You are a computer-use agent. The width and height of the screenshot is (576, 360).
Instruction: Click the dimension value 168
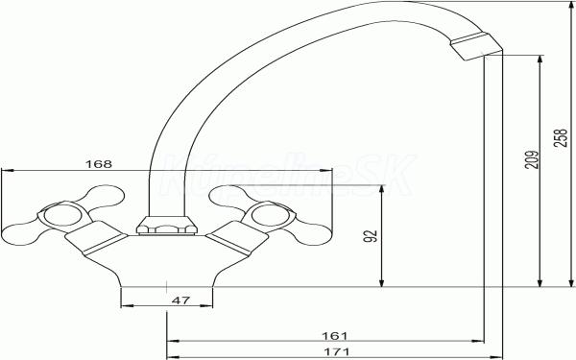click(99, 164)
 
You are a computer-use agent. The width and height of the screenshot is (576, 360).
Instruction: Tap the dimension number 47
click(180, 300)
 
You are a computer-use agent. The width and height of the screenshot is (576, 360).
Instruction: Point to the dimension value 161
click(334, 336)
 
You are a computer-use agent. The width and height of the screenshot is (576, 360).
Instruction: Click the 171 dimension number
click(337, 352)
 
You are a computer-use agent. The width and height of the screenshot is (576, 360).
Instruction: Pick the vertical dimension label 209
click(532, 159)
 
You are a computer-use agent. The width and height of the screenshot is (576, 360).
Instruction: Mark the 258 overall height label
click(561, 137)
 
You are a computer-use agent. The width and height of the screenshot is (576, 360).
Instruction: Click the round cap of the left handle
click(62, 215)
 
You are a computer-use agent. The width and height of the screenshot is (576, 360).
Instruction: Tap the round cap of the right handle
click(271, 215)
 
